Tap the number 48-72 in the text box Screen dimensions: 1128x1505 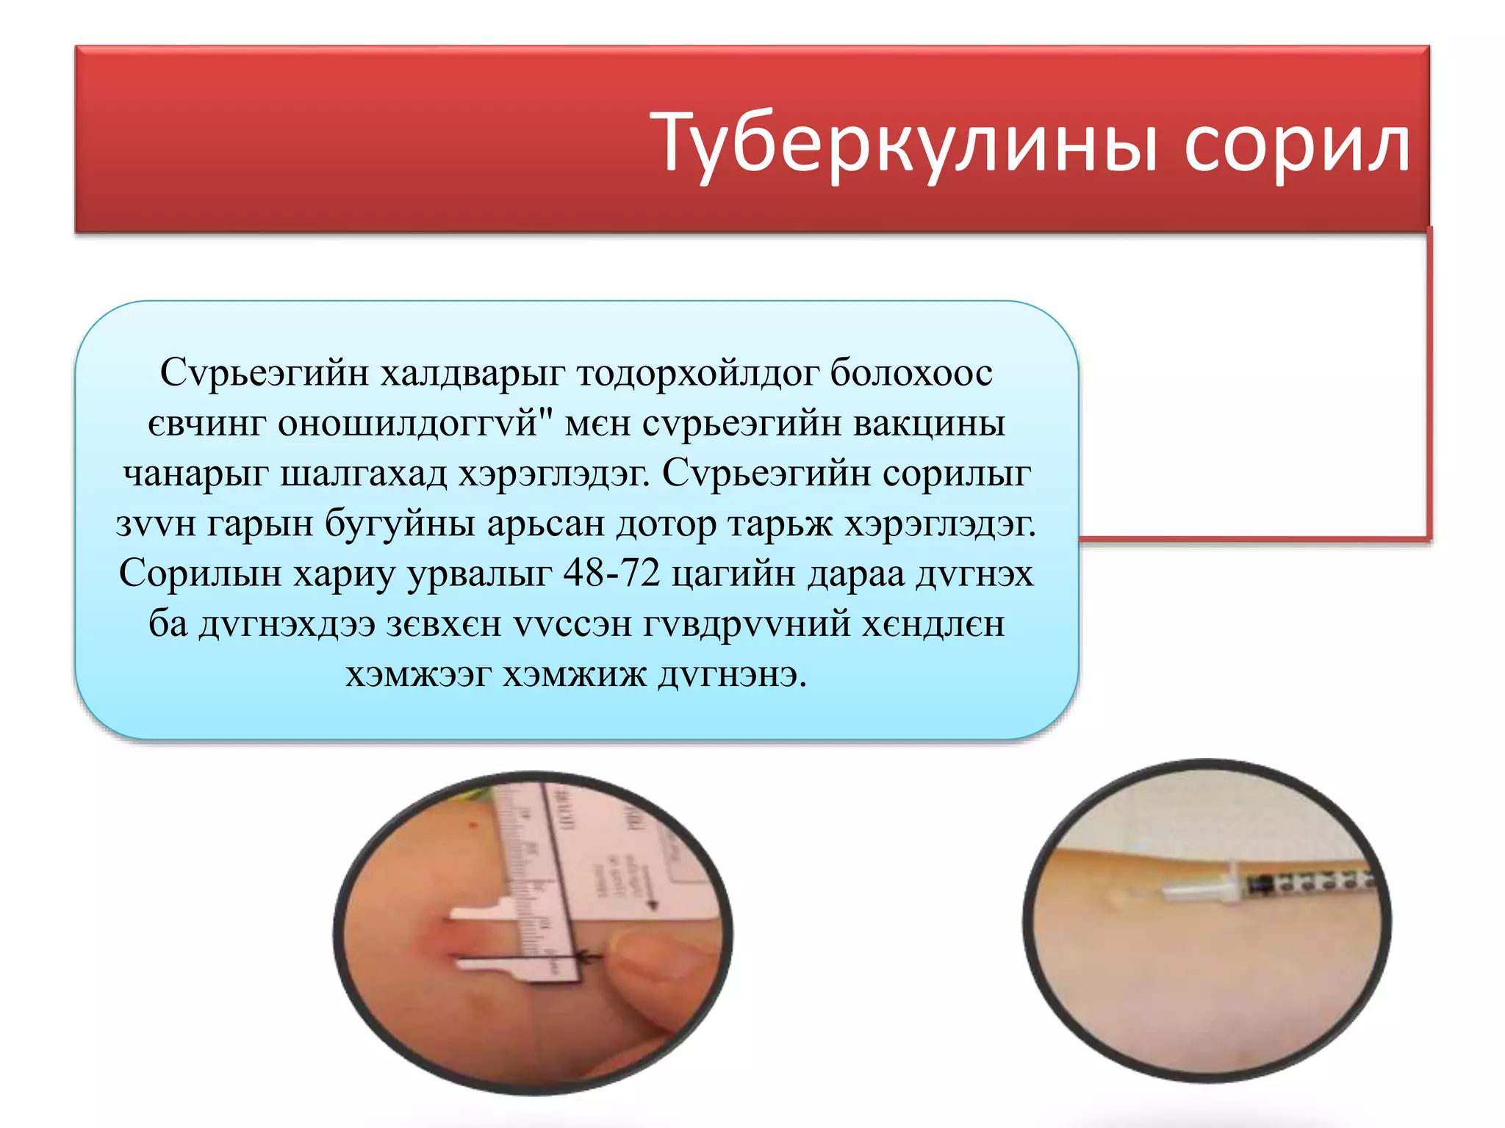[x=611, y=574]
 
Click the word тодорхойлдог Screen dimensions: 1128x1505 [x=697, y=372]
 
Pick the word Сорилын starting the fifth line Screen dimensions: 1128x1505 [x=200, y=574]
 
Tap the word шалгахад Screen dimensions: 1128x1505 [x=364, y=474]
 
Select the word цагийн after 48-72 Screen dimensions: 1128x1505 [x=733, y=574]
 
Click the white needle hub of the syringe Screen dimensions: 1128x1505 [x=1205, y=890]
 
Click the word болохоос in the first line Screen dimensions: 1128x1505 [x=911, y=372]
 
